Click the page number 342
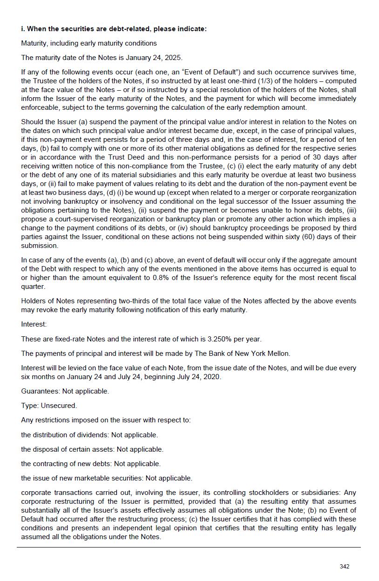point(345,566)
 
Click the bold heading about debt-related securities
point(114,29)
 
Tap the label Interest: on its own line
point(34,324)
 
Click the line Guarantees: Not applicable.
point(65,391)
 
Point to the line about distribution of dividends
point(89,435)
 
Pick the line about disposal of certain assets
point(92,449)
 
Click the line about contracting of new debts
point(91,464)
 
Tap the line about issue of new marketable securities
point(107,478)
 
